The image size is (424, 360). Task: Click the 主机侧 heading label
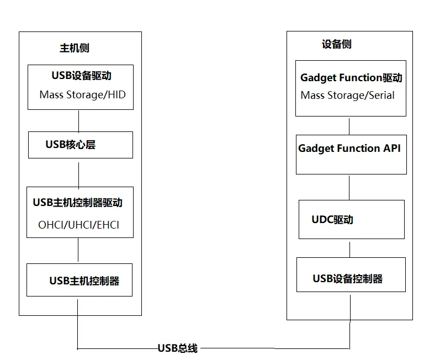coord(74,48)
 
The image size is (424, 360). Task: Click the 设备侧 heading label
coord(336,44)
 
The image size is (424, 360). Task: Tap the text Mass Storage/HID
coord(82,94)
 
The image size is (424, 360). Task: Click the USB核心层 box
coord(81,145)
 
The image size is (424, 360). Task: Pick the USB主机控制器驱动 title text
coord(78,203)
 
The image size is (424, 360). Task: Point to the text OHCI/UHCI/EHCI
coord(78,225)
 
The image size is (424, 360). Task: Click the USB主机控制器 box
coord(80,280)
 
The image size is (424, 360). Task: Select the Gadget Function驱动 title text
coord(351,78)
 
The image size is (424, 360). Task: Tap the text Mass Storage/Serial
coord(347,96)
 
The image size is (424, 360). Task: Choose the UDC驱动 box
coord(351,219)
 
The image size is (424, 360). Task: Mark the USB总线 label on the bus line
coord(177,348)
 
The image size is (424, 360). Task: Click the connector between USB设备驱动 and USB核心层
coord(78,120)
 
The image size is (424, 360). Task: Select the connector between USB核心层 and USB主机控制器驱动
coord(78,172)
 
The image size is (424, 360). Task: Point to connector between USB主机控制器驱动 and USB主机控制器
coord(78,251)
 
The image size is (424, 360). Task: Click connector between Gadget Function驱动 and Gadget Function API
coord(349,125)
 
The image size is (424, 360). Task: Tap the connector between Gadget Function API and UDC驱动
coord(349,187)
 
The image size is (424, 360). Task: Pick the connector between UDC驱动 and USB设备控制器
coord(349,248)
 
